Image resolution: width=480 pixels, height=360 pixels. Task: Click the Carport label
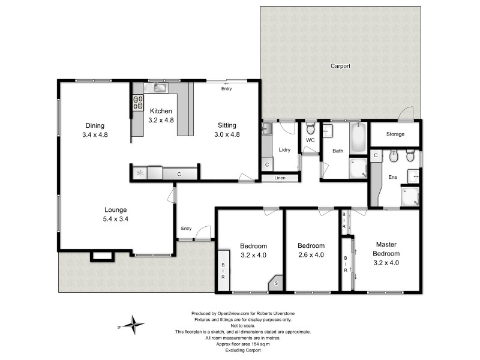pos(340,66)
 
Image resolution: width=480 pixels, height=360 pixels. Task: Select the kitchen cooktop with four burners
pos(138,103)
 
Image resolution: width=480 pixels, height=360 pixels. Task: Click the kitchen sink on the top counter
pos(160,88)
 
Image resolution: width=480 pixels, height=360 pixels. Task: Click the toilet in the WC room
pos(310,128)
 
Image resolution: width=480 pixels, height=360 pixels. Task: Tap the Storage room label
pos(395,134)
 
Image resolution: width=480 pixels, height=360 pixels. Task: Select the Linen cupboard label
pos(280,178)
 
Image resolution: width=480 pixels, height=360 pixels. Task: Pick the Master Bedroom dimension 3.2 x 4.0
pos(386,262)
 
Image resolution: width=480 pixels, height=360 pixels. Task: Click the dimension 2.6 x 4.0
pos(311,254)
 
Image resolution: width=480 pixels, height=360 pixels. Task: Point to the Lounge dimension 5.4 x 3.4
pos(116,219)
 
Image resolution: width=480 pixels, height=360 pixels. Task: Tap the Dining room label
pos(94,125)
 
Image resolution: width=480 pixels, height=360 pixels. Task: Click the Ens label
pos(393,177)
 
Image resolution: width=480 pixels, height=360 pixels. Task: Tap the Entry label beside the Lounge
pos(186,228)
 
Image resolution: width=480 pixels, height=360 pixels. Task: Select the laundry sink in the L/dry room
pos(266,128)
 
